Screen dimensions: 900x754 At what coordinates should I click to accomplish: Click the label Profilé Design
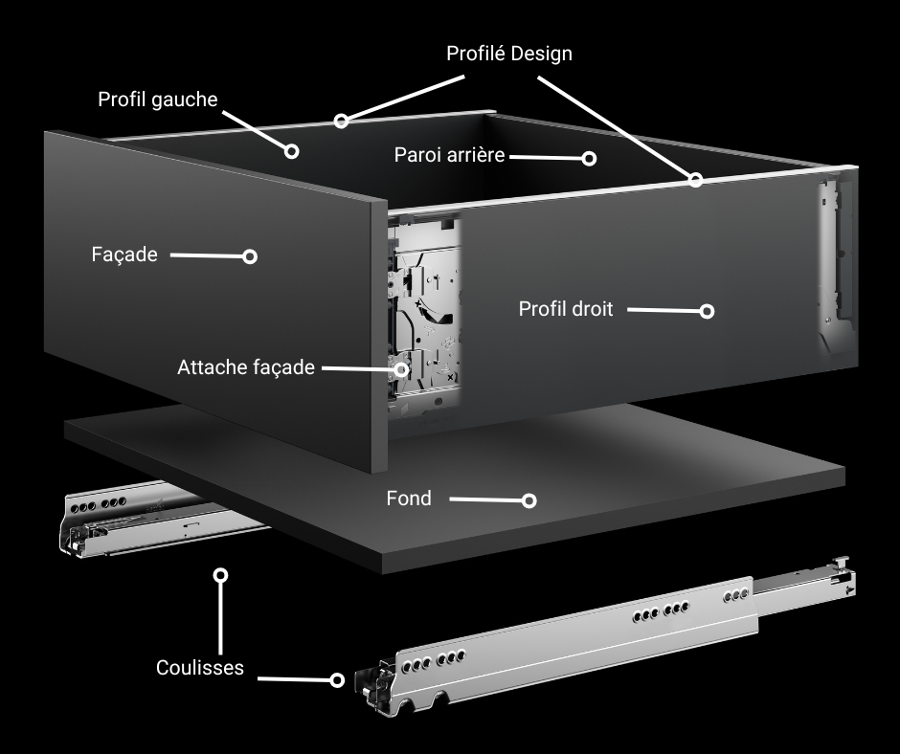509,54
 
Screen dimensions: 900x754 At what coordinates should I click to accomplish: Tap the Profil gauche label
158,100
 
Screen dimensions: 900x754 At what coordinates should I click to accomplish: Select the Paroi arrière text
449,155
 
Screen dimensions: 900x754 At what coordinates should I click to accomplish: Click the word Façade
124,255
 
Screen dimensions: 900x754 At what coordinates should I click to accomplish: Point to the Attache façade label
246,367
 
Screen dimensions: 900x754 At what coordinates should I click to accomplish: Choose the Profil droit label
566,309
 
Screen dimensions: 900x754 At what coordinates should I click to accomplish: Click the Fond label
409,499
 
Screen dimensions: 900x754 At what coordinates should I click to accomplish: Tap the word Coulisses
200,667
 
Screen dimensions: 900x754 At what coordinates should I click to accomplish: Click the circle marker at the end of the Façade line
250,256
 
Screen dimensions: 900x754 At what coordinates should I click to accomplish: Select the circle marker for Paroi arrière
589,159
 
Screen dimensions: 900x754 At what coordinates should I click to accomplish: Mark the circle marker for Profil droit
708,311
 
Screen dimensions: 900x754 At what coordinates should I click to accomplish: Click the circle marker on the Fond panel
529,501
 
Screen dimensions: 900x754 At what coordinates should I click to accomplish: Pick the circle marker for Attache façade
401,369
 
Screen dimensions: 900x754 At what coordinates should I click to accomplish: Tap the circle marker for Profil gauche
292,151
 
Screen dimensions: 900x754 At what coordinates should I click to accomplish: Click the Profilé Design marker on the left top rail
342,122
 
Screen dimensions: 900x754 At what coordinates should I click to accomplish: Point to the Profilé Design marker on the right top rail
696,180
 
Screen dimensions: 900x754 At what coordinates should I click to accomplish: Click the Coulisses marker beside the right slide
337,680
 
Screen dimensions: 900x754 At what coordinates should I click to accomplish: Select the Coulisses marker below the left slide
220,575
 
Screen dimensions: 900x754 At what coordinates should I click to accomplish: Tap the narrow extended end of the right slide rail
803,583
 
